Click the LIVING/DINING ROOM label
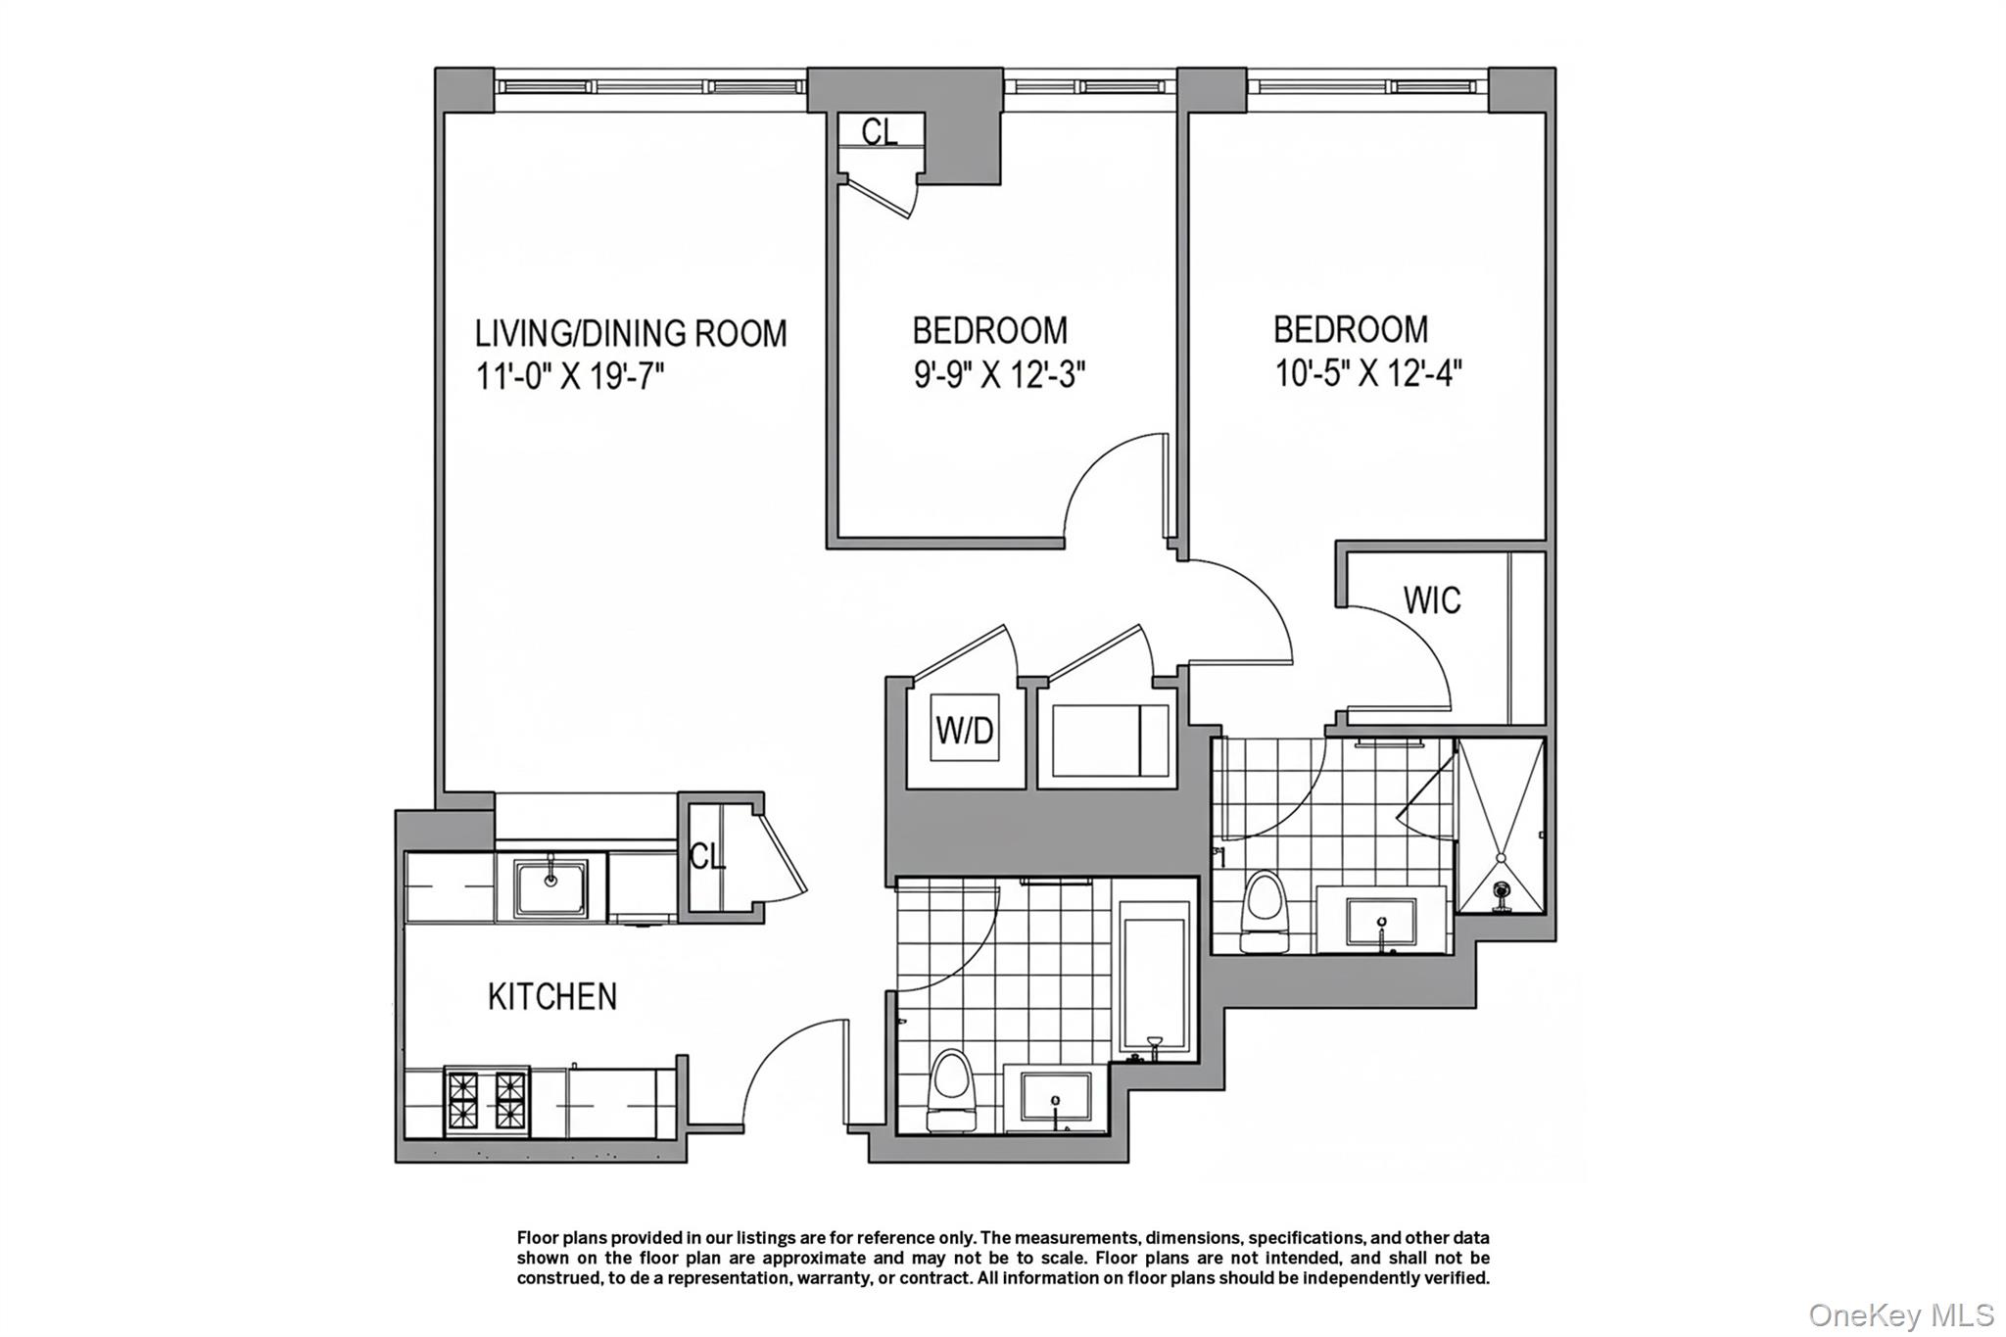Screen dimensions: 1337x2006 click(630, 334)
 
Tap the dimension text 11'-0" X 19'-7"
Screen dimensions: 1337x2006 click(570, 376)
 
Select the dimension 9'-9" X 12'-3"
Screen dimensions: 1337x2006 click(999, 374)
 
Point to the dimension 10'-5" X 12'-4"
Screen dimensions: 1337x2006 click(1368, 373)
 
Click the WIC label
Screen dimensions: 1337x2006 click(1431, 600)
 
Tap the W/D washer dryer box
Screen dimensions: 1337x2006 click(965, 730)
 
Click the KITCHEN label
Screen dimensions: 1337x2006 click(552, 997)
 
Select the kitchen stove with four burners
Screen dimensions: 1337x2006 click(486, 1101)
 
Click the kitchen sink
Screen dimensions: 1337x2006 click(550, 887)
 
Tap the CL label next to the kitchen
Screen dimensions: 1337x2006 click(706, 856)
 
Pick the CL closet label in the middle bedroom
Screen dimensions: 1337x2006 click(879, 131)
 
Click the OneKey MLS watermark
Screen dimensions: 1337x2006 click(1900, 1314)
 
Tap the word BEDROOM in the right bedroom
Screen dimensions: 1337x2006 click(1350, 329)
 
